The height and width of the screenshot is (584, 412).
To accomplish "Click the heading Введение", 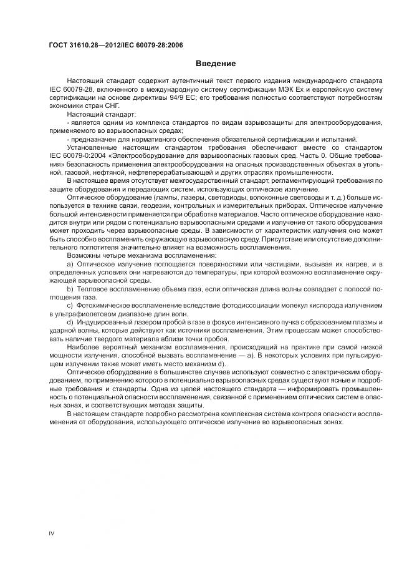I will click(215, 63).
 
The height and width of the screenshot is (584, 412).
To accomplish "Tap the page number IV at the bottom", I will click(52, 533).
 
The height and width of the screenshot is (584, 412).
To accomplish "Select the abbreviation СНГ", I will click(112, 106).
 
